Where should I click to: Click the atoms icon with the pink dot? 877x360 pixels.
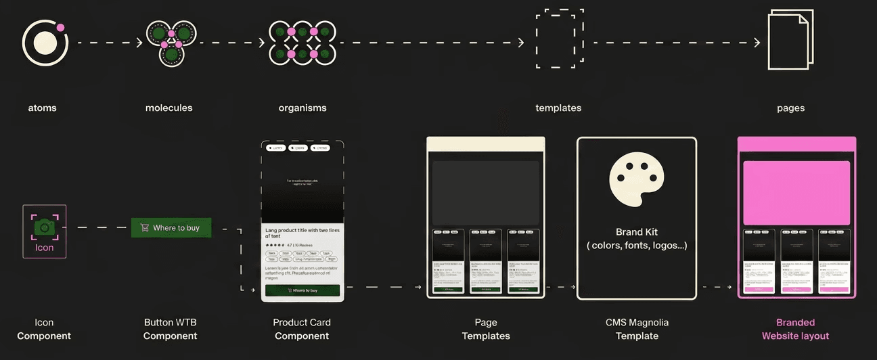pos(45,43)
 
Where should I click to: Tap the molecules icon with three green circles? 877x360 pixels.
pos(171,43)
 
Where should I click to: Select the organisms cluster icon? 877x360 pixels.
pos(302,43)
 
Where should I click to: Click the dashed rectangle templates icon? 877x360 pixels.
pos(559,39)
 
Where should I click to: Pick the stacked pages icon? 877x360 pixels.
pos(790,41)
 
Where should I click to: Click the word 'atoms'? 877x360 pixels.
pos(42,108)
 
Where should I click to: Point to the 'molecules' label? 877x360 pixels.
pos(168,108)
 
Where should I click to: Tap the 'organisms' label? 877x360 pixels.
pos(302,108)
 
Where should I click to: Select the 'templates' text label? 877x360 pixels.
pos(558,108)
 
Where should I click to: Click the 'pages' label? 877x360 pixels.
pos(791,108)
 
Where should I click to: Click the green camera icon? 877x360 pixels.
pos(45,227)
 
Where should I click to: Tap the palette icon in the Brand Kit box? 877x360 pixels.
pos(636,179)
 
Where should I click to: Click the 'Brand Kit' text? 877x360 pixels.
pos(637,232)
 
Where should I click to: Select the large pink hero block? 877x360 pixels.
pos(796,193)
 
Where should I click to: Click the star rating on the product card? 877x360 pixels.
pos(275,245)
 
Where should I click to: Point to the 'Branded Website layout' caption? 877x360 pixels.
pos(795,329)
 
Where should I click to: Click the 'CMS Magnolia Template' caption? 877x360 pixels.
pos(637,329)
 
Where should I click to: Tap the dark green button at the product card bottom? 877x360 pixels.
pos(302,290)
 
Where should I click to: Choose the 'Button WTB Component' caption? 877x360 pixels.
pos(171,329)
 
